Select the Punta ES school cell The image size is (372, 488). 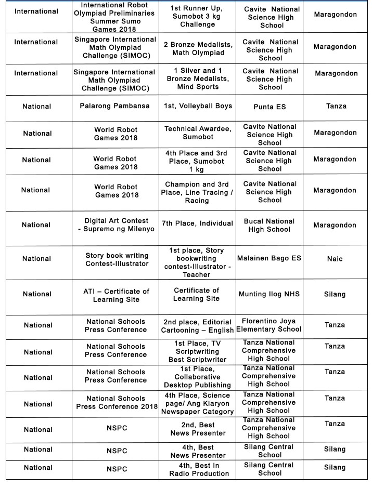[x=270, y=107]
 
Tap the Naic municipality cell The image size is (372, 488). [x=335, y=259]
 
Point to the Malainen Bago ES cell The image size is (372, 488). [x=269, y=258]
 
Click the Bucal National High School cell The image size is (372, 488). [x=269, y=225]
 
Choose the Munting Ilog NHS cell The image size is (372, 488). [x=269, y=294]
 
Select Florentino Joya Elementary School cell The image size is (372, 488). [x=269, y=325]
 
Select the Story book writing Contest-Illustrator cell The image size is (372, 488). [x=117, y=259]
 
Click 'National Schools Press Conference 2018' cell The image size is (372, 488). [x=117, y=403]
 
